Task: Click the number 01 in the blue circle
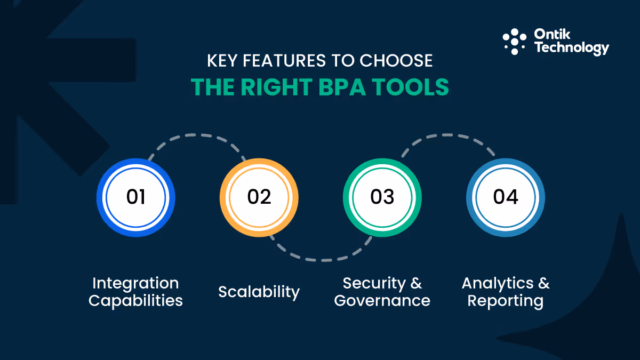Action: coord(135,197)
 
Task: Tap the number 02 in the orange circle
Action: coord(259,197)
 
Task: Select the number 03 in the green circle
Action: coord(382,197)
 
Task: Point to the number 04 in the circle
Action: coord(506,197)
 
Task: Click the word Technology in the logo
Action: coord(571,49)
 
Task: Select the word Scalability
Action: coord(259,292)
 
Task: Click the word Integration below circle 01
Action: coord(135,283)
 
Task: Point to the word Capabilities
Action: coord(135,300)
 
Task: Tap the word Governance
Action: coord(382,300)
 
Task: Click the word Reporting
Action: coord(506,300)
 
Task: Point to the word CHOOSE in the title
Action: coord(395,61)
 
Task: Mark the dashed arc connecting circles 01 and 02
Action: coord(197,137)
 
